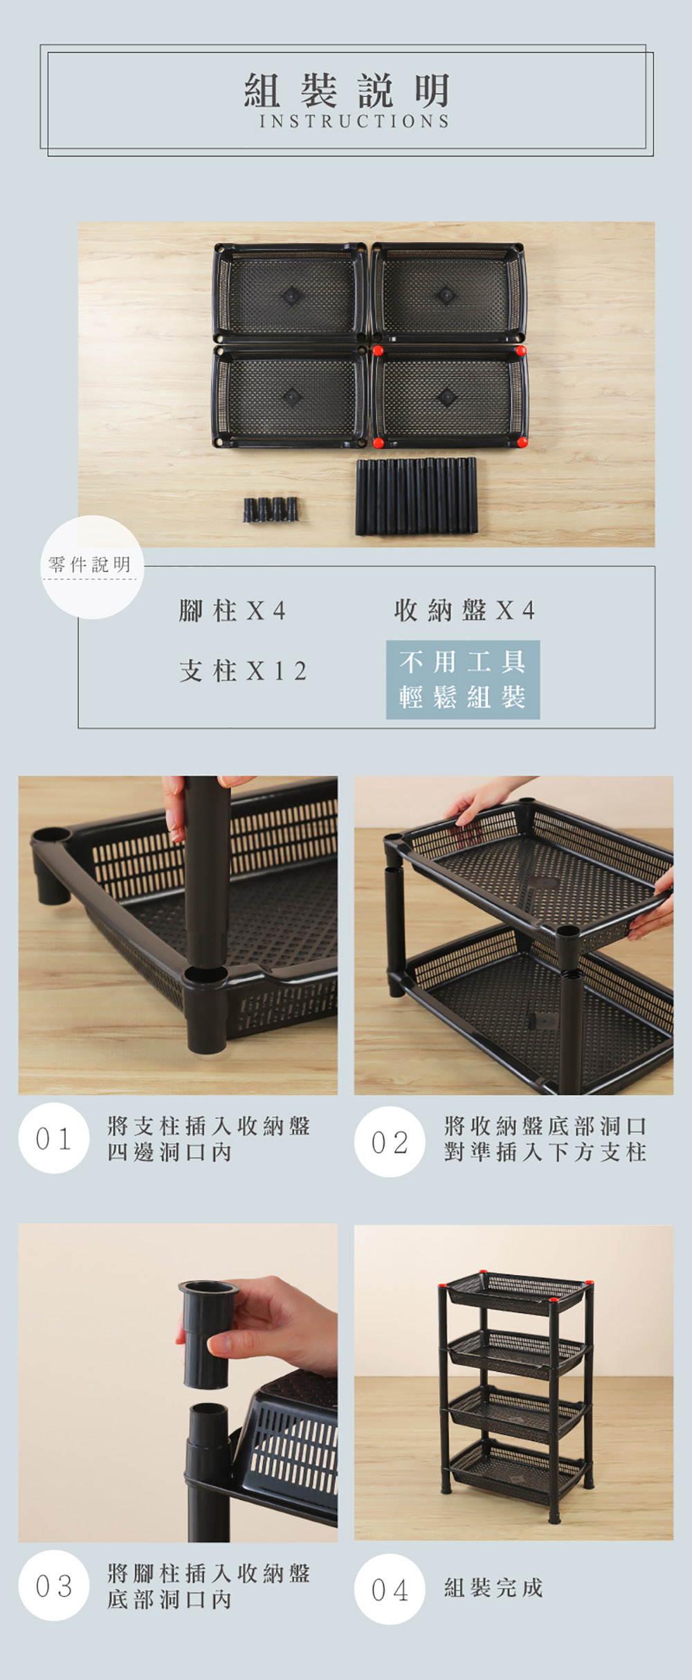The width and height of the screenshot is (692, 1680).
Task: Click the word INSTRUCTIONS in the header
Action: click(354, 121)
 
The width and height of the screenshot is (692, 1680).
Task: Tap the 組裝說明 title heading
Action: click(347, 91)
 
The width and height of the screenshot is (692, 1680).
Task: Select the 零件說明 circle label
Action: click(91, 566)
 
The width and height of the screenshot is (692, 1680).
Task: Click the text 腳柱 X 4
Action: click(232, 611)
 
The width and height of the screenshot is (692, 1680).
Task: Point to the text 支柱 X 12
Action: click(242, 670)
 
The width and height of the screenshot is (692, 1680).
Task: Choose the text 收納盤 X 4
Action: click(464, 610)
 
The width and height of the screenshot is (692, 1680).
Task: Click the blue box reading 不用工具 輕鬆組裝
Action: click(463, 679)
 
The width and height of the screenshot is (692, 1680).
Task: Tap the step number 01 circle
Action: click(54, 1138)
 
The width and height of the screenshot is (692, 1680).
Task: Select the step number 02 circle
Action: click(390, 1142)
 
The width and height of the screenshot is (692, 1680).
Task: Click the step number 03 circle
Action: click(54, 1585)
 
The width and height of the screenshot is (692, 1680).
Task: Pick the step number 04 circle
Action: click(390, 1589)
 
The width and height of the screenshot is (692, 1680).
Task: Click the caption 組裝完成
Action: click(493, 1587)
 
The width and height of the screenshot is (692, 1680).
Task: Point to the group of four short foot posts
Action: click(271, 509)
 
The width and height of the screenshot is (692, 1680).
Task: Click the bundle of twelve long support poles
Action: click(417, 496)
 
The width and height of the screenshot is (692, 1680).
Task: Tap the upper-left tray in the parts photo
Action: click(290, 292)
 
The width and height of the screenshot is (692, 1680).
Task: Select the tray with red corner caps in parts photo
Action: click(449, 396)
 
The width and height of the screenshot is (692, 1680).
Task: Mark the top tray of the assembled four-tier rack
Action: click(519, 1291)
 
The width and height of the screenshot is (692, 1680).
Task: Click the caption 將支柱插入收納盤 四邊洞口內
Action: click(208, 1139)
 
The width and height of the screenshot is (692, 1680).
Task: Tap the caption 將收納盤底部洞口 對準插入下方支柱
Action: click(545, 1139)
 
